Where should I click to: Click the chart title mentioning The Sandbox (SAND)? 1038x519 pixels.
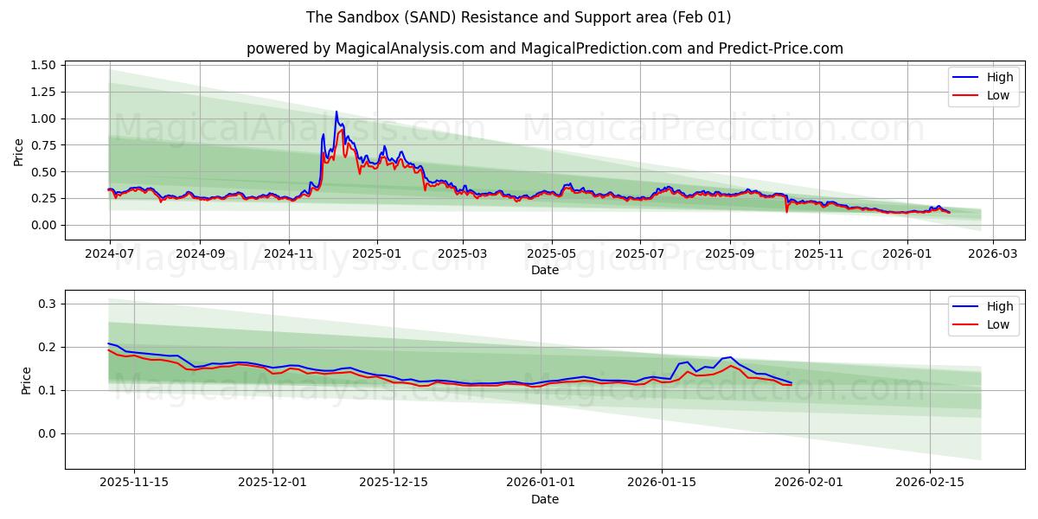coord(519,17)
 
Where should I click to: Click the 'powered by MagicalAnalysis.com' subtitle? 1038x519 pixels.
coord(545,48)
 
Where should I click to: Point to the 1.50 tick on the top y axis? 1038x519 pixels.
coord(43,66)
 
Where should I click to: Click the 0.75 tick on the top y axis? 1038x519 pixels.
coord(43,145)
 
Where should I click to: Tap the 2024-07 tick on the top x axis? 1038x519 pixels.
coord(109,254)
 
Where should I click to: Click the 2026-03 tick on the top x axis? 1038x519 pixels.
coord(992,254)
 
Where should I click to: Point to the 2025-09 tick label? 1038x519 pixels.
coord(729,254)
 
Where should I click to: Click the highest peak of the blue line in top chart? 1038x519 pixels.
coord(336,112)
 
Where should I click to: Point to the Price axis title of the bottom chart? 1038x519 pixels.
coord(25,380)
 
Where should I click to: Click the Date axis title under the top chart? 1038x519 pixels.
coord(545,270)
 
